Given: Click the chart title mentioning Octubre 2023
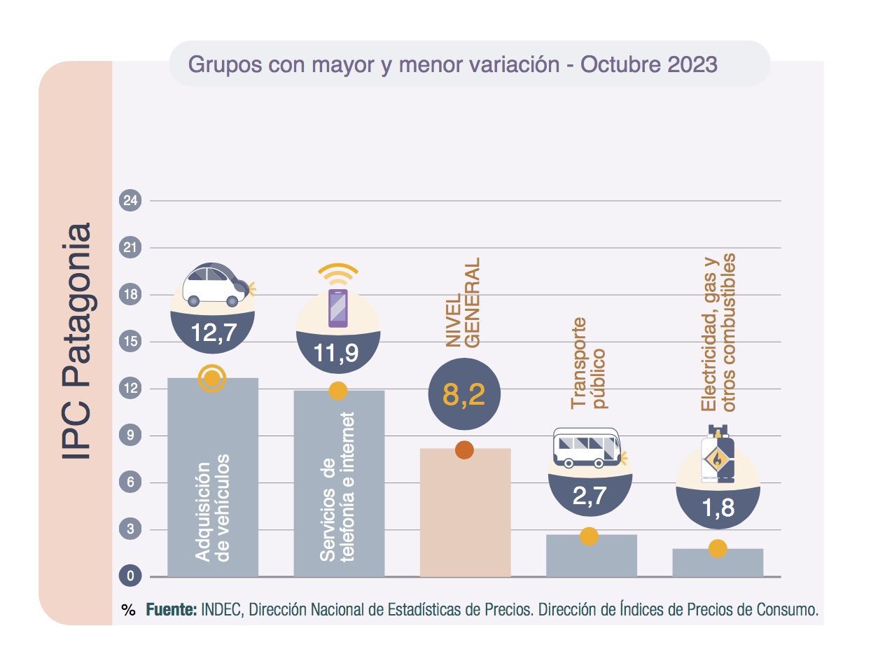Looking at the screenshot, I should tap(453, 64).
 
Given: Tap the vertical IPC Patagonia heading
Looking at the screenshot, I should tap(76, 341).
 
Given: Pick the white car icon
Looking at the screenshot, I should tap(214, 284).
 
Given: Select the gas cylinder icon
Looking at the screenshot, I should tap(718, 454).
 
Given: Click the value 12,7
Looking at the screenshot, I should tap(214, 333).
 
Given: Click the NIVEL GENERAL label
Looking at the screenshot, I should tap(464, 302).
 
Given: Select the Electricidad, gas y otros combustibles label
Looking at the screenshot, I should tap(718, 333).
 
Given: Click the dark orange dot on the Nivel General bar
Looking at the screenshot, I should tap(464, 450).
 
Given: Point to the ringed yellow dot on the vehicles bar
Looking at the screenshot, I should tap(212, 379).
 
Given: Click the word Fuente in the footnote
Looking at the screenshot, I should tap(172, 609).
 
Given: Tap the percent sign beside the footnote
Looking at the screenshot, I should tap(128, 610).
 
